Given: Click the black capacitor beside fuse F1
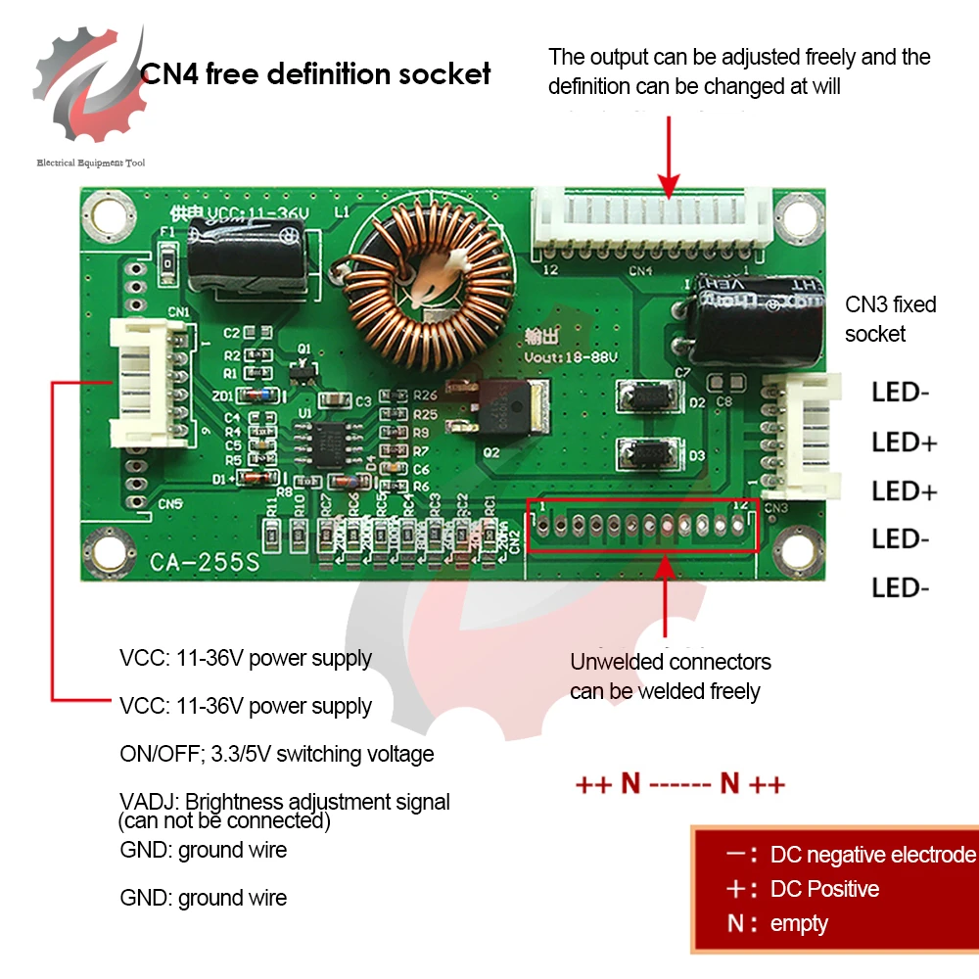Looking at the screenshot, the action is [x=249, y=256].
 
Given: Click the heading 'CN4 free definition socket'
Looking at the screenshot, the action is [x=316, y=73].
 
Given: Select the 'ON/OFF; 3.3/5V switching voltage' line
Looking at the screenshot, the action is [x=276, y=754].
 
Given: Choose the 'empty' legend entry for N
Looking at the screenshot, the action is [x=799, y=923].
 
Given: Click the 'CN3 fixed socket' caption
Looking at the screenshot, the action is [x=890, y=319].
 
